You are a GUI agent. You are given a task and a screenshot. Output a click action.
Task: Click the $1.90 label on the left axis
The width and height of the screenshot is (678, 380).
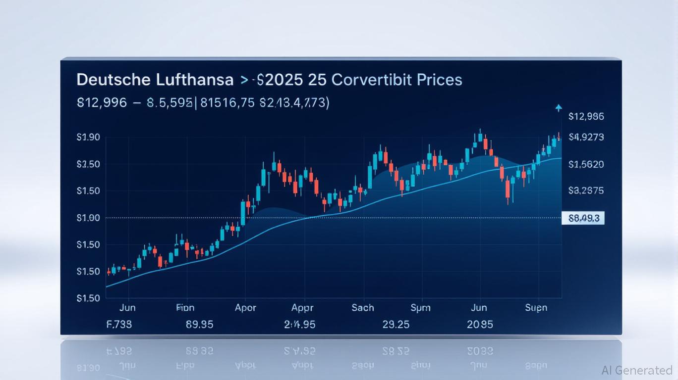89,138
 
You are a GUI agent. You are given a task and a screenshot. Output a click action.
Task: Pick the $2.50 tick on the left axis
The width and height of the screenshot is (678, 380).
89,164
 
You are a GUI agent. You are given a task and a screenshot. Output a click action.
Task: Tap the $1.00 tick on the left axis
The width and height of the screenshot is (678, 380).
89,218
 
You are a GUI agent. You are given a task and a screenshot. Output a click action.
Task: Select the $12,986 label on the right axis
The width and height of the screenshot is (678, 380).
586,117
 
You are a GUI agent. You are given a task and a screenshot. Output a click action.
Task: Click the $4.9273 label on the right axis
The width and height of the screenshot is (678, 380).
586,137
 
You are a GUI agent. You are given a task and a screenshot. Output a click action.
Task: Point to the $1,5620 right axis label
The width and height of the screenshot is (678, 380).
586,164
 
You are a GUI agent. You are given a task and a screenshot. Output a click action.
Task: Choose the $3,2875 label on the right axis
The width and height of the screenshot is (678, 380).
586,190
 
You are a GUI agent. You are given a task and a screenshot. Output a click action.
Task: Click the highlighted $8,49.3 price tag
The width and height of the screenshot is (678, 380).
583,218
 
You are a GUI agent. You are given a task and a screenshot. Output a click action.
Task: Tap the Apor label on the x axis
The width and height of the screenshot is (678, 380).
245,308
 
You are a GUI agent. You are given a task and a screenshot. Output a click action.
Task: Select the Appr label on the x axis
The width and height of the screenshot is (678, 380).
302,308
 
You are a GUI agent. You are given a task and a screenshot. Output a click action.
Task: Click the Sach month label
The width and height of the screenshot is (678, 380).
363,308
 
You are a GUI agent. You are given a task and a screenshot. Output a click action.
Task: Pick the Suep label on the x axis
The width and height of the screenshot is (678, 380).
536,308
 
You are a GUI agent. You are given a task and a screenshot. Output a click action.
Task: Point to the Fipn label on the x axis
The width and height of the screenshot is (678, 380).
185,308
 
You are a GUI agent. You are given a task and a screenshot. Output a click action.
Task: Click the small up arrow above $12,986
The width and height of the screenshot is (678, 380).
559,107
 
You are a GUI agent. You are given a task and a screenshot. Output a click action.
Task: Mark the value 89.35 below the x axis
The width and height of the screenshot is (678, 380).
200,325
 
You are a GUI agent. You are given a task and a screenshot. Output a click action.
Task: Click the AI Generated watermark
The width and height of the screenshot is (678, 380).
637,370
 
